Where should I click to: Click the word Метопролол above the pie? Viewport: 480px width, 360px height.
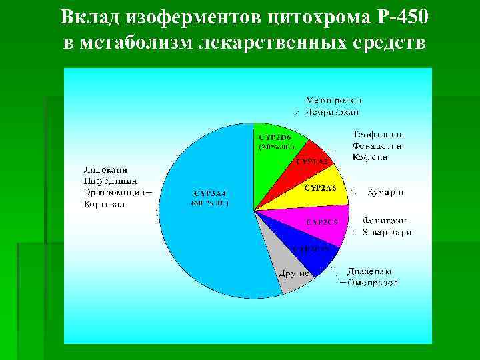point(334,100)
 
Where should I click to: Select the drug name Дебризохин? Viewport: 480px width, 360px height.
point(332,112)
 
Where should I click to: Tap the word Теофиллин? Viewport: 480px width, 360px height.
point(378,135)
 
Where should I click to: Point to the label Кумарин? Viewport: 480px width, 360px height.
point(387,191)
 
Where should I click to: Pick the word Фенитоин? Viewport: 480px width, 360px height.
point(386,220)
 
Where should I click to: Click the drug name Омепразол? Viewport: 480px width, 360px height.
point(373,283)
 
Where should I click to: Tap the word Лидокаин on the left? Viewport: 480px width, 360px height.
point(106,169)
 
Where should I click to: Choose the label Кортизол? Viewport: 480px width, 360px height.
point(104,203)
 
